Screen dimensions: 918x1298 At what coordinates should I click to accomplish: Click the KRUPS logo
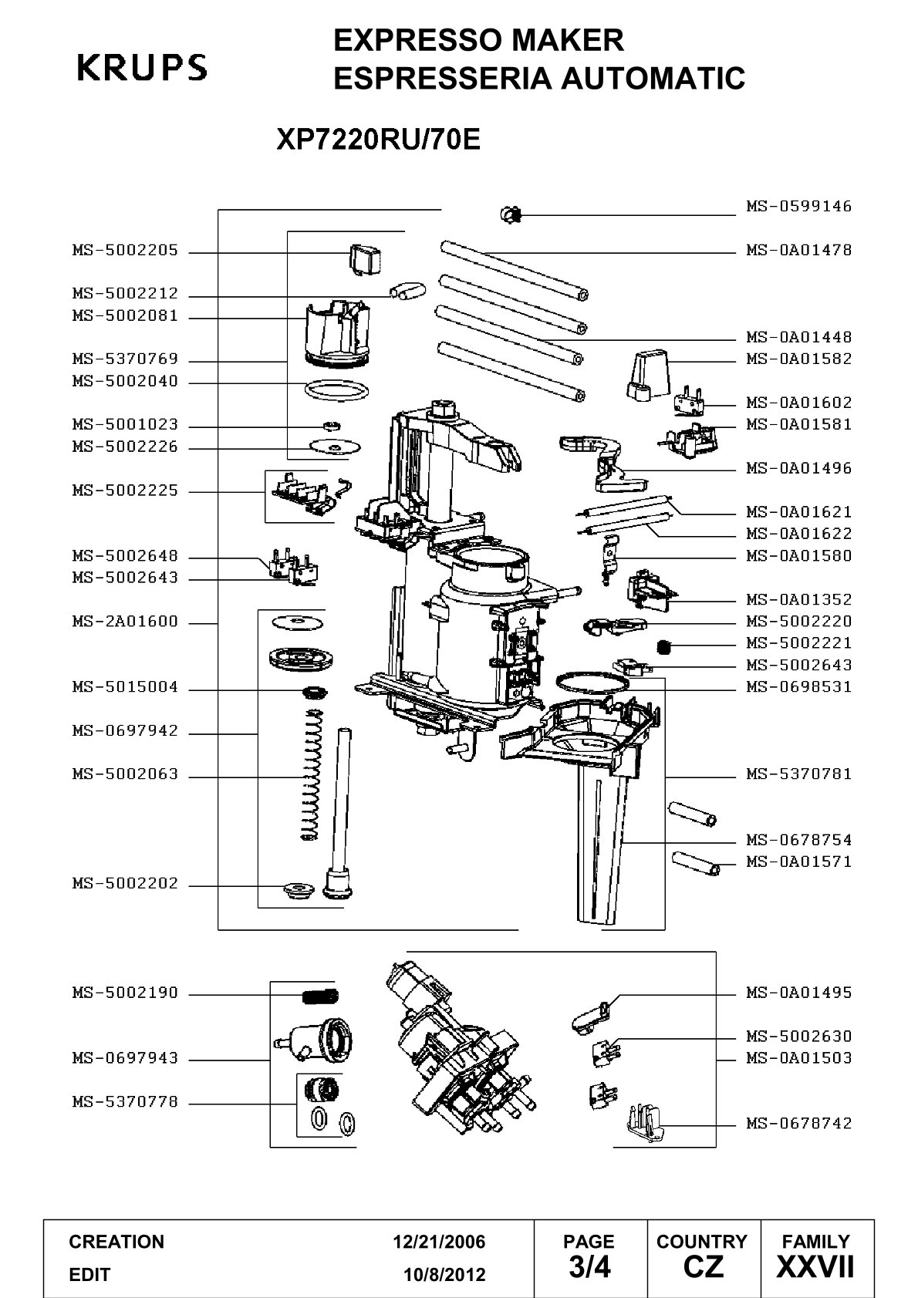pyautogui.click(x=142, y=67)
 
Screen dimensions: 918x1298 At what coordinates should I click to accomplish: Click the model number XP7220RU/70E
pyautogui.click(x=379, y=139)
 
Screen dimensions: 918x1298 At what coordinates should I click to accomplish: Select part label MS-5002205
pyautogui.click(x=125, y=251)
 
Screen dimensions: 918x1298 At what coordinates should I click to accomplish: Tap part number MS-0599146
pyautogui.click(x=798, y=206)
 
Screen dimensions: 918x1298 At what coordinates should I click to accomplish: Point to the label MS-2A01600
pyautogui.click(x=125, y=622)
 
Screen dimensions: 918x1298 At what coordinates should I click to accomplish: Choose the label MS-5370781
pyautogui.click(x=798, y=774)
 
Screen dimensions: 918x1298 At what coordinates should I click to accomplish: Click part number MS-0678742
pyautogui.click(x=798, y=1124)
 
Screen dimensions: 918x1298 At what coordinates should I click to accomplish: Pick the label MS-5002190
pyautogui.click(x=125, y=993)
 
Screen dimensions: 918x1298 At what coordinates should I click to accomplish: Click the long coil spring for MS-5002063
pyautogui.click(x=310, y=774)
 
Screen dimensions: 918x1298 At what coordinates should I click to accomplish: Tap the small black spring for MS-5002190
pyautogui.click(x=320, y=996)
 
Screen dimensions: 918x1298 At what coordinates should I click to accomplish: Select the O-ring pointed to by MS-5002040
pyautogui.click(x=336, y=390)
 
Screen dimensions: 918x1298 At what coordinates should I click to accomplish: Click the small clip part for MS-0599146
pyautogui.click(x=511, y=215)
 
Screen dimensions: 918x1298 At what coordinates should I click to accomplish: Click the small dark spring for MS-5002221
pyautogui.click(x=665, y=646)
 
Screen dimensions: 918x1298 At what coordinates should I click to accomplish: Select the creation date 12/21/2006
pyautogui.click(x=439, y=1242)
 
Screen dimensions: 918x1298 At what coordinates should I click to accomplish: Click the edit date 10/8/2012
pyautogui.click(x=444, y=1275)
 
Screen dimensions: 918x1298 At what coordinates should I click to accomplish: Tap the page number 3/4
pyautogui.click(x=589, y=1266)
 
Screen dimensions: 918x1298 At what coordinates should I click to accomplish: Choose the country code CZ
pyautogui.click(x=703, y=1266)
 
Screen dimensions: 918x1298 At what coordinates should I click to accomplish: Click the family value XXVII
pyautogui.click(x=815, y=1266)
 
